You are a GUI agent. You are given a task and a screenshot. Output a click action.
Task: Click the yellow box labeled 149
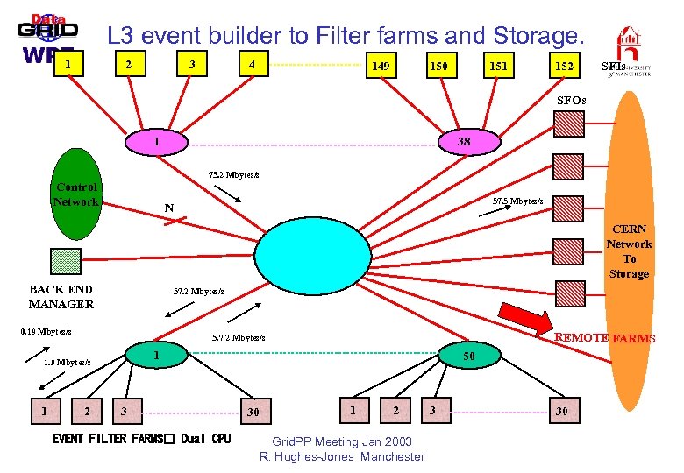[x=381, y=66]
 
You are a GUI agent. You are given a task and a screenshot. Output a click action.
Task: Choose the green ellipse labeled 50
[x=469, y=356]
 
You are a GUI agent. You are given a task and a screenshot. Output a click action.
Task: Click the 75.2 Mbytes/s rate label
[x=233, y=174]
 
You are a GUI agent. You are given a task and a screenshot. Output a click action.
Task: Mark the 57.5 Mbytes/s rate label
[x=517, y=201]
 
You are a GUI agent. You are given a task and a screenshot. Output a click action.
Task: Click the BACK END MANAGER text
[x=61, y=297]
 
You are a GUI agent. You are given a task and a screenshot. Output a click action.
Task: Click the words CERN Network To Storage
[x=629, y=251]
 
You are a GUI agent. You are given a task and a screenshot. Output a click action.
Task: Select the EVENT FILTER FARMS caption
[x=141, y=439]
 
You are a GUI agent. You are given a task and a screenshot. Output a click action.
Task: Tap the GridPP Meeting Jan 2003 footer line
[x=341, y=442]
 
